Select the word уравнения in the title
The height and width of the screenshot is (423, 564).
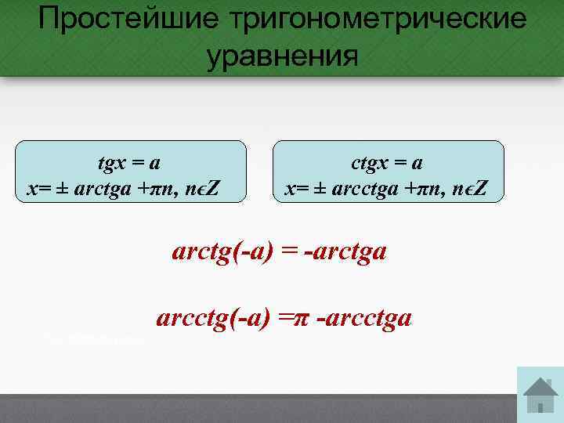pyautogui.click(x=282, y=56)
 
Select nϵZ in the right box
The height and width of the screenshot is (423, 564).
pyautogui.click(x=468, y=190)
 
